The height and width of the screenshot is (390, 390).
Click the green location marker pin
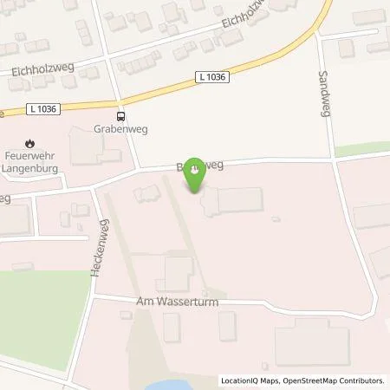coord(197,171)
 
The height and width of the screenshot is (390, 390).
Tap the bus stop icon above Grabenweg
coord(121,116)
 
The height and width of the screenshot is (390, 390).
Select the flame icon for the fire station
coord(30,142)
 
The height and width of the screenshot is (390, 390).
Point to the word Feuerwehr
coord(30,156)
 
